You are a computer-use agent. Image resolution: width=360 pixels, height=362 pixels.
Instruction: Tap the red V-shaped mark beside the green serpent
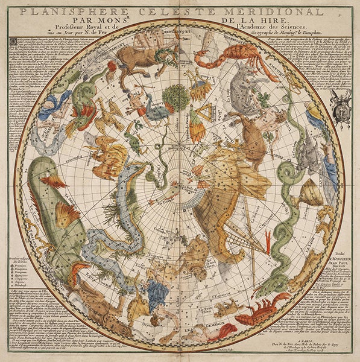[x=268, y=238]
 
